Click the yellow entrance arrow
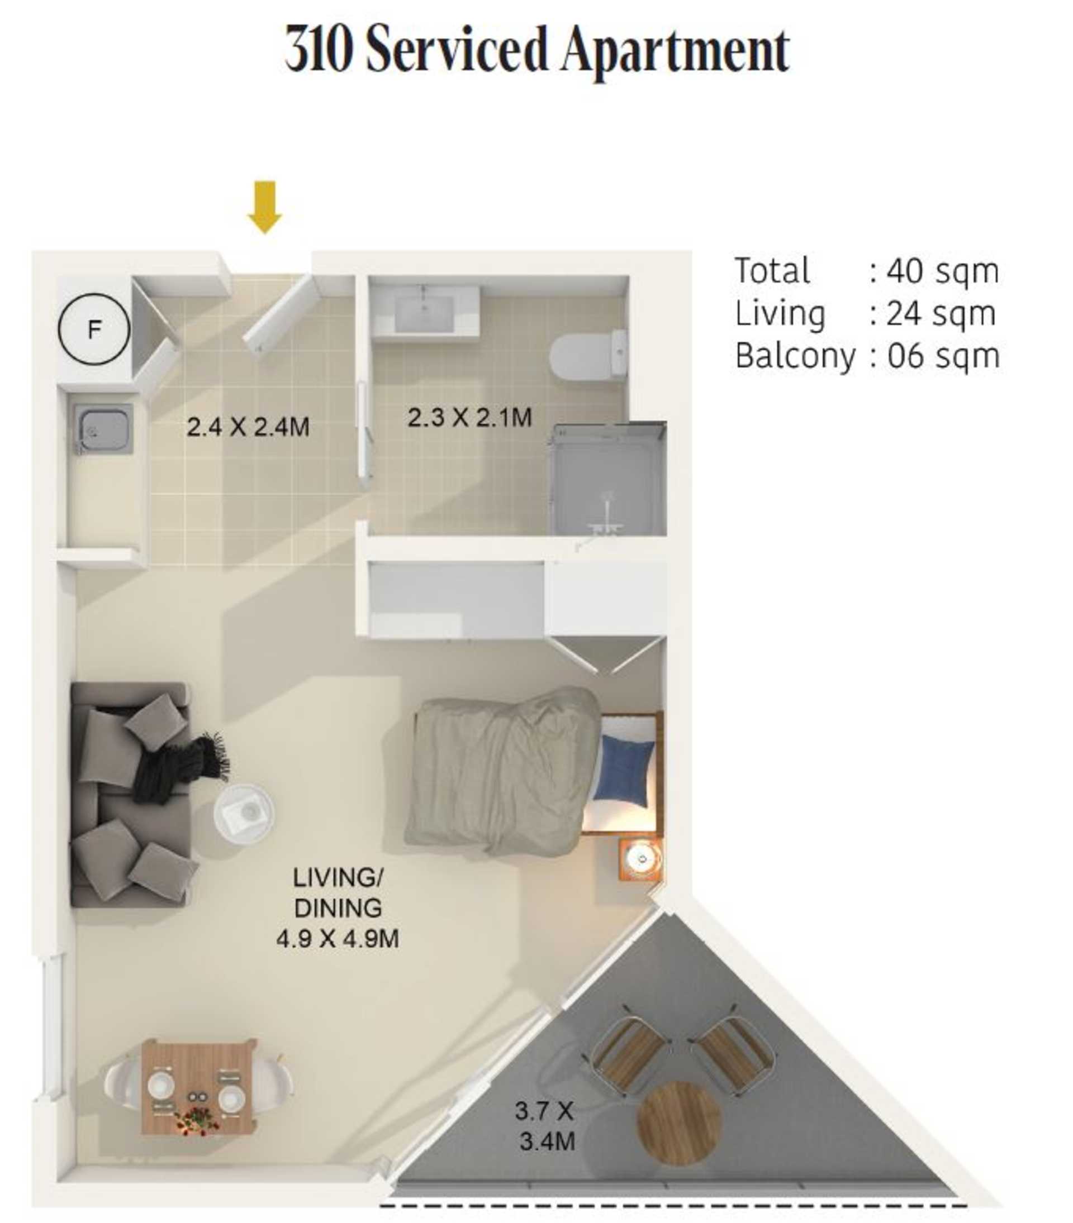click(x=265, y=207)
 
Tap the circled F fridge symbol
click(x=94, y=329)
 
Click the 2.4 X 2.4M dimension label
click(x=248, y=427)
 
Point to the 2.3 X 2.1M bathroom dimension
click(x=469, y=417)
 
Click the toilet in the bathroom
click(x=588, y=356)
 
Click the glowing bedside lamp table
click(x=640, y=859)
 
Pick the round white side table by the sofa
click(x=244, y=814)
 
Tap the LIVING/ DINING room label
click(x=338, y=893)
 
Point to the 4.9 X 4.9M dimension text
click(x=338, y=938)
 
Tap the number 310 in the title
click(x=317, y=49)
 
